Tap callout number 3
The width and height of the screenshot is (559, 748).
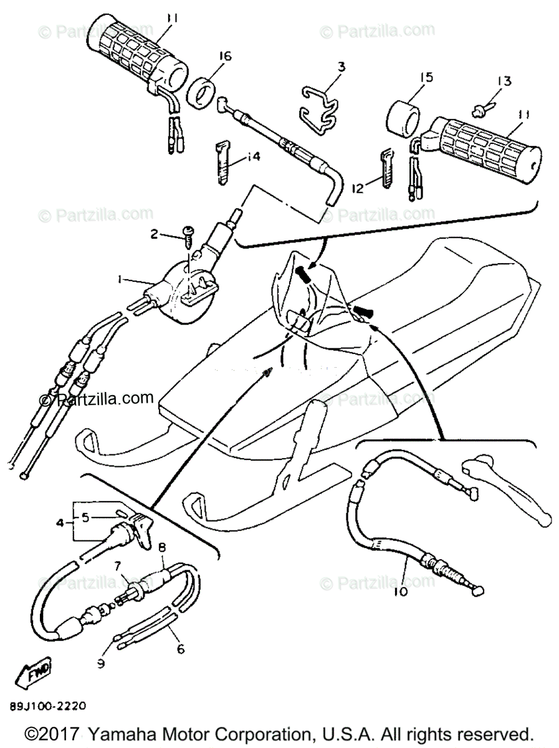[341, 66]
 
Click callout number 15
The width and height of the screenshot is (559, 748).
[426, 77]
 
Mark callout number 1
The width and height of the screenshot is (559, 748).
[119, 281]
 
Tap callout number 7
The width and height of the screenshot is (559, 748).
[117, 566]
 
